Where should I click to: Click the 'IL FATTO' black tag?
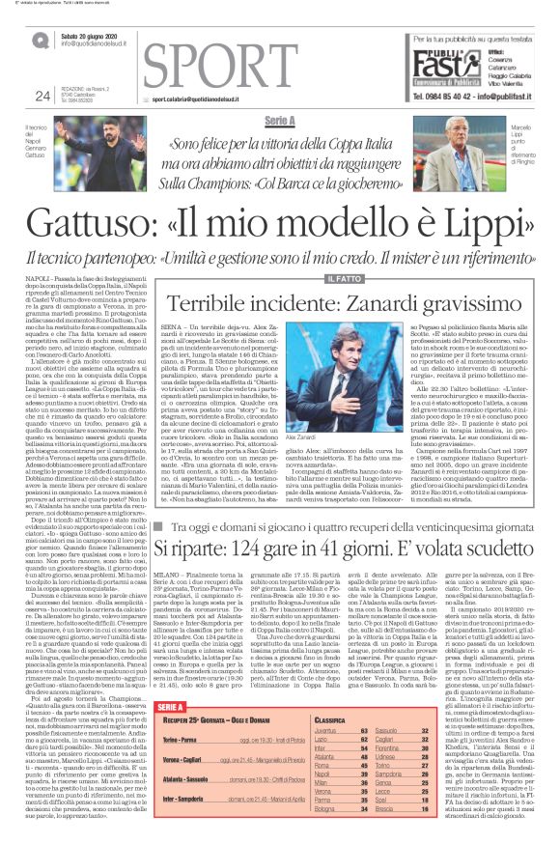pos(295,278)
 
